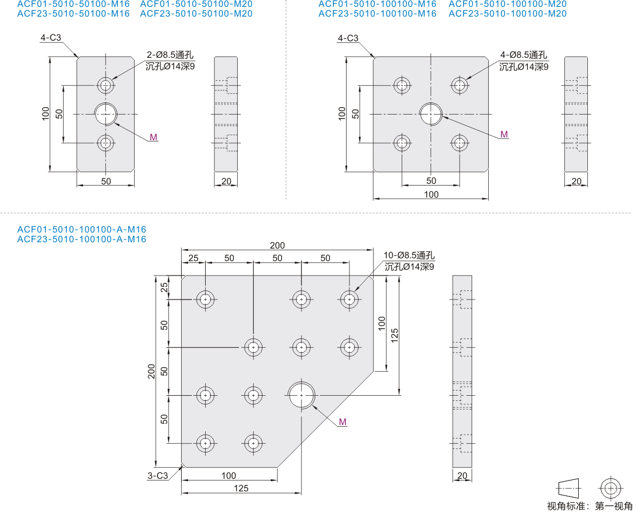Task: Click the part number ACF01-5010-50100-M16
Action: pyautogui.click(x=73, y=4)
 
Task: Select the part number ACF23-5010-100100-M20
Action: pyautogui.click(x=508, y=14)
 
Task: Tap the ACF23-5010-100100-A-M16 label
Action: pyautogui.click(x=81, y=239)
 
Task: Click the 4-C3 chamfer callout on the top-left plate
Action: pyautogui.click(x=50, y=38)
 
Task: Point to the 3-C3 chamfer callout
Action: pyautogui.click(x=158, y=475)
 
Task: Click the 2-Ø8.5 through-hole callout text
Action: pyautogui.click(x=170, y=55)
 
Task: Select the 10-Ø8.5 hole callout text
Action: pyautogui.click(x=409, y=255)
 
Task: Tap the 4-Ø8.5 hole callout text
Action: pyautogui.click(x=524, y=55)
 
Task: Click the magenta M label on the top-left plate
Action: pyautogui.click(x=154, y=137)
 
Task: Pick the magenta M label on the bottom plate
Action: pyautogui.click(x=343, y=422)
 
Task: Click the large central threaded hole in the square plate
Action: pyautogui.click(x=431, y=115)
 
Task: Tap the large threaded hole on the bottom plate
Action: pyautogui.click(x=301, y=395)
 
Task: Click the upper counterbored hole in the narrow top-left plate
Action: pyautogui.click(x=106, y=85)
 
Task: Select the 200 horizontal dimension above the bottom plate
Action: pyautogui.click(x=277, y=245)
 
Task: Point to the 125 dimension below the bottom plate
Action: pyautogui.click(x=241, y=489)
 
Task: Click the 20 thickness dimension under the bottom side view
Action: pyautogui.click(x=462, y=475)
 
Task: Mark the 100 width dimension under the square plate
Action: pyautogui.click(x=431, y=195)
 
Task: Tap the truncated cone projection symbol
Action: pyautogui.click(x=570, y=488)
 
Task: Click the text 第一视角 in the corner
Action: pyautogui.click(x=614, y=506)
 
